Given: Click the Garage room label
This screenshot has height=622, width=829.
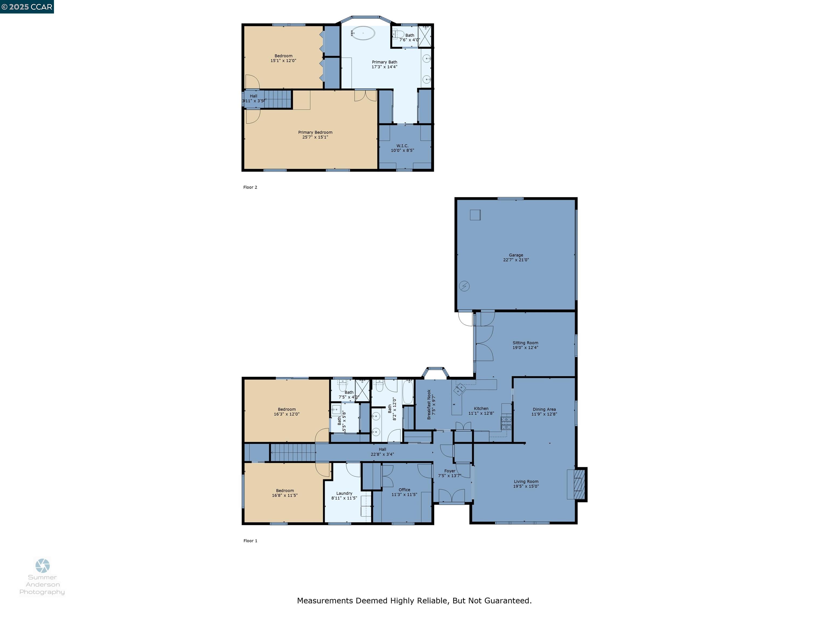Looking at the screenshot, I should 516,255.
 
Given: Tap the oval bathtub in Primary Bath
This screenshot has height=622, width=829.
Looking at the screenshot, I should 363,33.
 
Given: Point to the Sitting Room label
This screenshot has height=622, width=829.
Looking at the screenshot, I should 525,343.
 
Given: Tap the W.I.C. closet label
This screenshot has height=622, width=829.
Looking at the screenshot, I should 402,146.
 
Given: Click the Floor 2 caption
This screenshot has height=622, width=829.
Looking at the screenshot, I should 250,187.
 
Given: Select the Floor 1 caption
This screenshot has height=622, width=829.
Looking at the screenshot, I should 250,541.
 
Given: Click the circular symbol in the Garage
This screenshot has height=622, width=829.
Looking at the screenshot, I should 464,286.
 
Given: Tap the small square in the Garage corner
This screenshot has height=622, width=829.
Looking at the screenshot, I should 475,215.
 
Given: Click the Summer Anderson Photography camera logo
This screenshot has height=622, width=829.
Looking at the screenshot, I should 42,565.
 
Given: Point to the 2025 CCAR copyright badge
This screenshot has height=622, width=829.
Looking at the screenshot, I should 27,7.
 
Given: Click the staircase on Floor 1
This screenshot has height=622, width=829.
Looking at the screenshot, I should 293,452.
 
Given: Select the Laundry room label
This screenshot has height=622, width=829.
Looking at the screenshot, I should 344,493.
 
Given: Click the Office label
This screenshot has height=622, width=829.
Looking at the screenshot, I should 404,490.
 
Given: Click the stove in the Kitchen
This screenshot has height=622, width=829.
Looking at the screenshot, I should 506,423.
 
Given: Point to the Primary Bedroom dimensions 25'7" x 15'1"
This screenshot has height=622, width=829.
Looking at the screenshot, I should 315,137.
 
